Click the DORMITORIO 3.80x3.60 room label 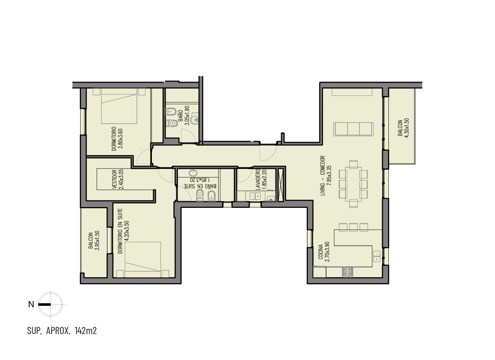117,139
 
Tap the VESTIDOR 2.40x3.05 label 118,179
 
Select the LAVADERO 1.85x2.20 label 261,180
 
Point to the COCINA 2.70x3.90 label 324,252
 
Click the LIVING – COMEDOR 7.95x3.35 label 326,176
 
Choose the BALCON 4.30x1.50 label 403,128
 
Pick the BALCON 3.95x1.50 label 94,240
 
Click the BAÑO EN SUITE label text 201,186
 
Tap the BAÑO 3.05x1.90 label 184,115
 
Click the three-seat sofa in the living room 354,129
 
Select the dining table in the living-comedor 354,184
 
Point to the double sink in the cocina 377,256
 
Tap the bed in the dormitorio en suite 143,259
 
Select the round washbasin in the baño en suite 193,173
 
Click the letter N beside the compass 31,305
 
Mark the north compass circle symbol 51,305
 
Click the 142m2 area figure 86,331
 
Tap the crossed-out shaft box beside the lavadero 281,185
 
